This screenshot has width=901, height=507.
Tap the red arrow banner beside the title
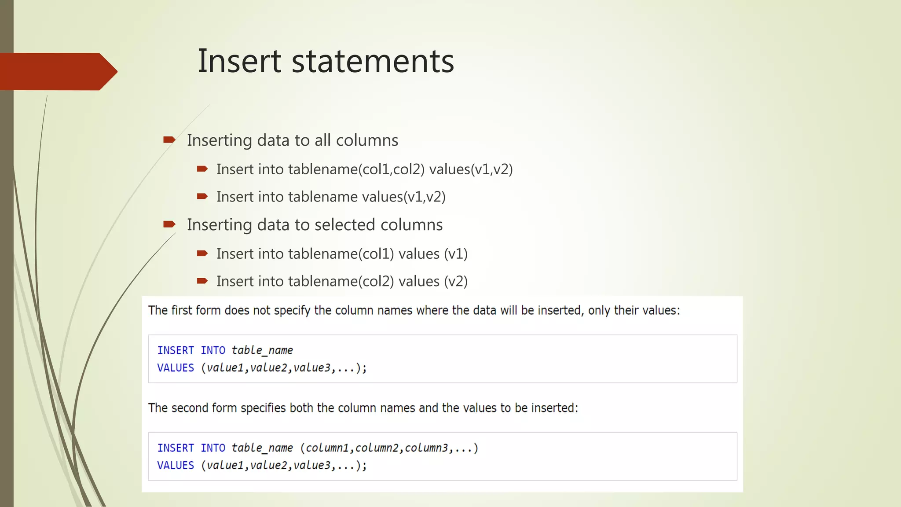point(57,71)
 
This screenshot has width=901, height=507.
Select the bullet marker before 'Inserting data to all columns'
point(169,140)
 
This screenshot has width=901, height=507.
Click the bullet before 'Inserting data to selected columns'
point(169,224)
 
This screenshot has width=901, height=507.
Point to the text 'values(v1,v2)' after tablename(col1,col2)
point(471,169)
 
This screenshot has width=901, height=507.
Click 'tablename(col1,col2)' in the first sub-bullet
point(356,169)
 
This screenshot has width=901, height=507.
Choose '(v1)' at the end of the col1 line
point(456,254)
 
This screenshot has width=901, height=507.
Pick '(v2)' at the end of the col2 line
point(456,281)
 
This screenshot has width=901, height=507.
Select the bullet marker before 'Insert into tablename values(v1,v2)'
point(202,196)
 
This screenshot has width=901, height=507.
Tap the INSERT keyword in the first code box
point(176,350)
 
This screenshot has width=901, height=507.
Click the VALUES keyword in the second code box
point(176,465)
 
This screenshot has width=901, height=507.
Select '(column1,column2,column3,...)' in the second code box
point(389,448)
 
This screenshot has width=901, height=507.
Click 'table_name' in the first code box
point(262,350)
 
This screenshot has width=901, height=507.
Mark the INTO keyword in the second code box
point(213,448)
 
